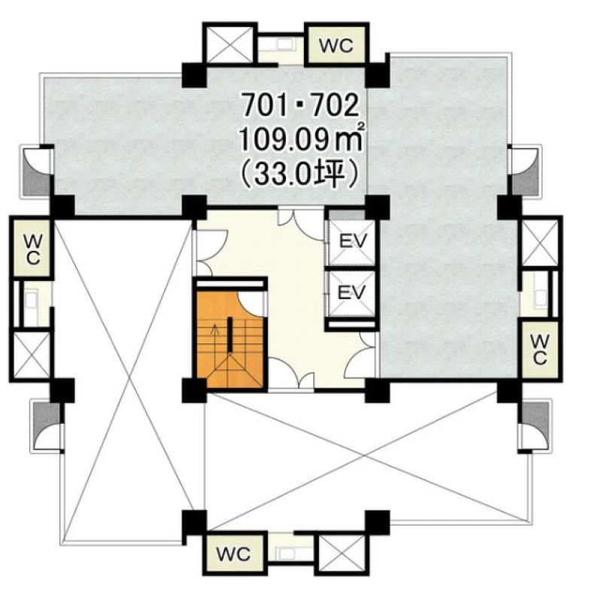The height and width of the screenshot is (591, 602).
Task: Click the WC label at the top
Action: pyautogui.click(x=336, y=46)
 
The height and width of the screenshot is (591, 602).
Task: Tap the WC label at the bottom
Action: pyautogui.click(x=233, y=554)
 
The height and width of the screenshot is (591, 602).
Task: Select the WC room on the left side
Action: pyautogui.click(x=32, y=246)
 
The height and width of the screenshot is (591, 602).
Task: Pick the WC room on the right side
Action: pyautogui.click(x=539, y=349)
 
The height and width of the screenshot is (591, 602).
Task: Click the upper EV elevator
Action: pyautogui.click(x=352, y=242)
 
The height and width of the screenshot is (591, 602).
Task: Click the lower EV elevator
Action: pyautogui.click(x=351, y=294)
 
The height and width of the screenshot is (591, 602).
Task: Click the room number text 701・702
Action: pyautogui.click(x=300, y=105)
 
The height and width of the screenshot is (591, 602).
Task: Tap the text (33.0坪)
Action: pyautogui.click(x=299, y=175)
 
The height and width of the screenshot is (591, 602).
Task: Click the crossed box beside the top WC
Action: pyautogui.click(x=230, y=44)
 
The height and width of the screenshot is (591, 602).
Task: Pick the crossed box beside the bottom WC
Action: pyautogui.click(x=342, y=553)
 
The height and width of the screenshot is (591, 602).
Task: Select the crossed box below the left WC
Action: pyautogui.click(x=32, y=355)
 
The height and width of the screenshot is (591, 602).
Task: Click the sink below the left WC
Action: pyautogui.click(x=32, y=299)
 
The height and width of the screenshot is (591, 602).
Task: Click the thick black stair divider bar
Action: pyautogui.click(x=230, y=334)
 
